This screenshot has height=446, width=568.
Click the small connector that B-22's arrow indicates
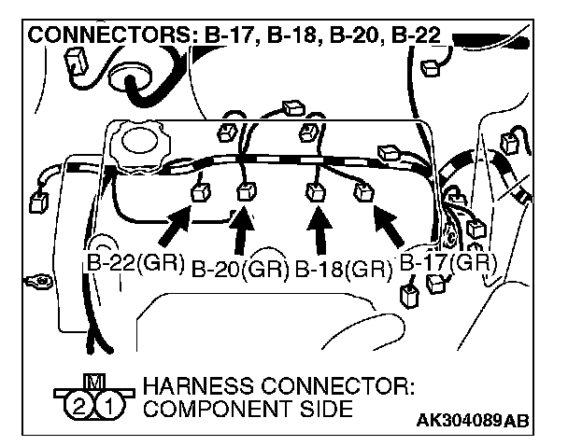click(x=199, y=193)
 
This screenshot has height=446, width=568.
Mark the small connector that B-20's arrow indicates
click(x=246, y=192)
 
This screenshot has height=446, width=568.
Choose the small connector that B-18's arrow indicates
click(x=315, y=192)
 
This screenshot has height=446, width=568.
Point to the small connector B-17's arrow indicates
click(x=362, y=194)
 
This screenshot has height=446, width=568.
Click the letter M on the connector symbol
click(x=94, y=382)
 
